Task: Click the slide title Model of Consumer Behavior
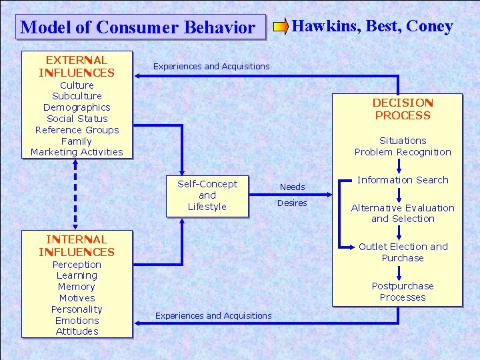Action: click(x=138, y=27)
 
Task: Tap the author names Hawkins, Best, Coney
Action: click(x=373, y=26)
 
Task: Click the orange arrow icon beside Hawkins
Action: click(x=281, y=27)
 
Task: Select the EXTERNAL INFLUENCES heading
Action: click(x=77, y=66)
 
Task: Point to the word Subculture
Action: click(x=77, y=96)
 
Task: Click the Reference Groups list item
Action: click(x=77, y=130)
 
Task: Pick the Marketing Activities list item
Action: click(x=77, y=152)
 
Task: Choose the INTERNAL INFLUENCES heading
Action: click(x=77, y=245)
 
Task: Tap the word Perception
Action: click(x=77, y=265)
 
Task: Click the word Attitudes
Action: click(x=77, y=331)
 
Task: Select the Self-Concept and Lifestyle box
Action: click(x=207, y=195)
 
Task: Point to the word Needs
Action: click(x=292, y=187)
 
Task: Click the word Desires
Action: click(x=292, y=203)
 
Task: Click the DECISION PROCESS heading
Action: click(x=403, y=109)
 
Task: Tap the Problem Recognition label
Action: click(x=403, y=152)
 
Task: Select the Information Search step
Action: click(x=403, y=180)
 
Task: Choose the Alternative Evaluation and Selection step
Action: click(x=403, y=213)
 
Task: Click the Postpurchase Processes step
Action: click(x=403, y=291)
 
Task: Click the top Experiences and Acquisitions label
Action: click(x=211, y=66)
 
